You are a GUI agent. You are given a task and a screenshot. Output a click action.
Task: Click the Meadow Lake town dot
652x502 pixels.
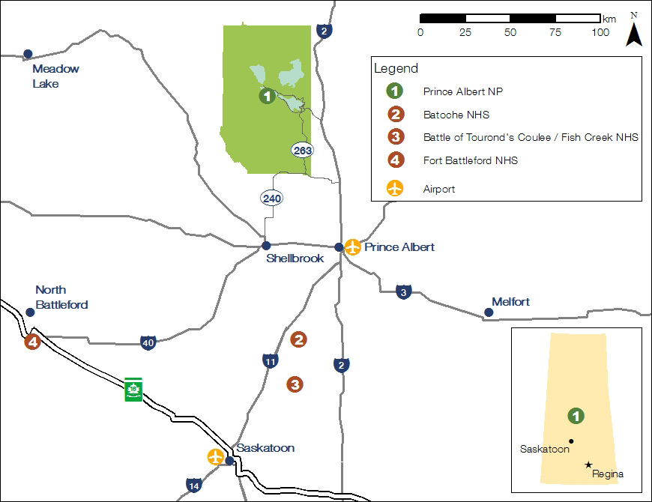click(28, 53)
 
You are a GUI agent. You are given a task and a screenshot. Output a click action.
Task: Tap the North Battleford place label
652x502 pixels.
click(61, 297)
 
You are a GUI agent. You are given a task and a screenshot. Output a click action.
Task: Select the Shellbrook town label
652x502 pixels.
click(295, 258)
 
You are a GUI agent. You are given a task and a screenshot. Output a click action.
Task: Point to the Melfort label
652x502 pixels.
click(510, 302)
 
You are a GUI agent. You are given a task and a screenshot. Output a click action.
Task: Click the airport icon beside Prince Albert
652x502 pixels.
click(353, 247)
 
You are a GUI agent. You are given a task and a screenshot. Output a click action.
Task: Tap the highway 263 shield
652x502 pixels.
click(303, 150)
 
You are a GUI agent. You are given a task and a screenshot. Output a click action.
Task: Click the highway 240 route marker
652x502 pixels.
click(270, 199)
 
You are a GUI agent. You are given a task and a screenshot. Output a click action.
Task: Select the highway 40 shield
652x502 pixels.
click(148, 342)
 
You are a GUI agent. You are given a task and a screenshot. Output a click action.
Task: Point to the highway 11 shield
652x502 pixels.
click(271, 361)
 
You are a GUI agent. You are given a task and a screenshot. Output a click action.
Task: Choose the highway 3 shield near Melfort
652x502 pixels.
click(404, 291)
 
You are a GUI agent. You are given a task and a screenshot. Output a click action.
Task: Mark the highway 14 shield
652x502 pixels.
click(194, 486)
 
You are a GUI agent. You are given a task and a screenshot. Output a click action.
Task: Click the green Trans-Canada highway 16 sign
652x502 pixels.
click(133, 389)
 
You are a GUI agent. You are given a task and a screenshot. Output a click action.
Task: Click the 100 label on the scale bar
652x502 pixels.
click(600, 32)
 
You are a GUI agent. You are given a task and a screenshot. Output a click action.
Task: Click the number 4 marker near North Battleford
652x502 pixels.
click(32, 342)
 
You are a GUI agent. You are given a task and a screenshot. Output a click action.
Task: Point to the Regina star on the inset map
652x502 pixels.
click(588, 465)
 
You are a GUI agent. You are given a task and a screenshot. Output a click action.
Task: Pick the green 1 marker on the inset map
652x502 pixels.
click(576, 416)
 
